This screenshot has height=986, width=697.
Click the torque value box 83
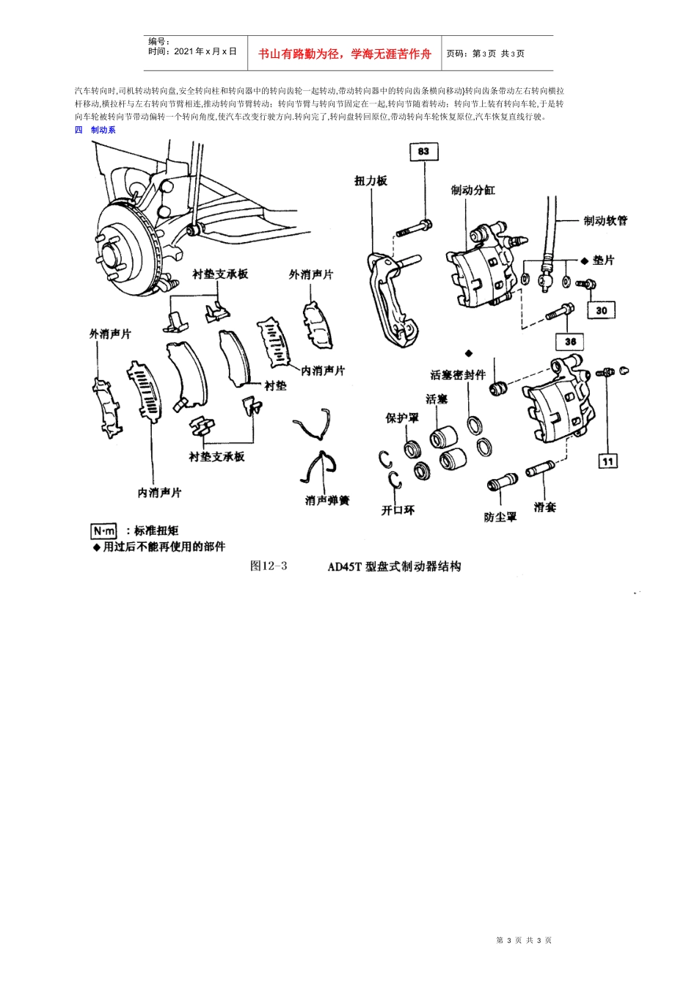tap(423, 152)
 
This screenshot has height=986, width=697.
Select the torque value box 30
tap(601, 310)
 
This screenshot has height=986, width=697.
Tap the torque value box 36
tap(570, 341)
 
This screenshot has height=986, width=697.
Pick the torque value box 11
tap(607, 461)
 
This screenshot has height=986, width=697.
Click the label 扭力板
tap(371, 180)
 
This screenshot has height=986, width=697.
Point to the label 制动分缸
tap(472, 190)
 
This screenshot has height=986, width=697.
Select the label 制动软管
tap(605, 220)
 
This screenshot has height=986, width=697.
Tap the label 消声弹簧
tap(327, 500)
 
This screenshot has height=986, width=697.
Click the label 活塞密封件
tap(458, 375)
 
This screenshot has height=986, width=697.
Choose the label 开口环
tap(398, 510)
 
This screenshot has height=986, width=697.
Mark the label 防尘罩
tap(500, 517)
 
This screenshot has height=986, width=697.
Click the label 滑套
tap(544, 507)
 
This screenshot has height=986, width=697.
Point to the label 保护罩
tap(402, 417)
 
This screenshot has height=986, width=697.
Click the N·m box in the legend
tap(103, 530)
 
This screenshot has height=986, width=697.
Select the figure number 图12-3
tap(269, 566)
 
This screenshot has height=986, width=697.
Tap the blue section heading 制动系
tap(103, 130)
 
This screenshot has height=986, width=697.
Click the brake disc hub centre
tap(112, 254)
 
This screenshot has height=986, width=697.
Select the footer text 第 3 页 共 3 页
tap(524, 941)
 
